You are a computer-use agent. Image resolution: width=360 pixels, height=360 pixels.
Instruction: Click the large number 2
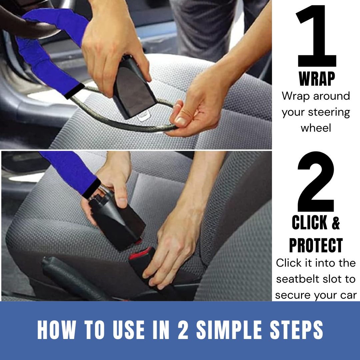tap(316, 181)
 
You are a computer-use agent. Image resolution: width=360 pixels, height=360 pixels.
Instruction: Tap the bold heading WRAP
tap(317, 79)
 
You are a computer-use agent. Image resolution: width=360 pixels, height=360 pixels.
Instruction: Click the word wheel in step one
tap(316, 128)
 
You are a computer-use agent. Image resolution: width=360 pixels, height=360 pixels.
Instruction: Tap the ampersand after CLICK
tap(336, 222)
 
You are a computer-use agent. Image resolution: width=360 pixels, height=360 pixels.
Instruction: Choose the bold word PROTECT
tap(316, 245)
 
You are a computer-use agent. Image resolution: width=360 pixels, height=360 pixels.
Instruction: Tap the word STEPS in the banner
tap(296, 330)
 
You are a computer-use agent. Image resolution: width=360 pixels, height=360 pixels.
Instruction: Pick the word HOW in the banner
tap(56, 330)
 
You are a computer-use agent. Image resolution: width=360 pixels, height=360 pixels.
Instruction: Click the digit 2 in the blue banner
tap(183, 330)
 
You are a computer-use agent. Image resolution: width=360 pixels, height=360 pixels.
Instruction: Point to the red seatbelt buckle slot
tap(141, 254)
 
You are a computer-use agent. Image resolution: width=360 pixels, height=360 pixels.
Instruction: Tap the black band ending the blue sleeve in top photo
tap(74, 91)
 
